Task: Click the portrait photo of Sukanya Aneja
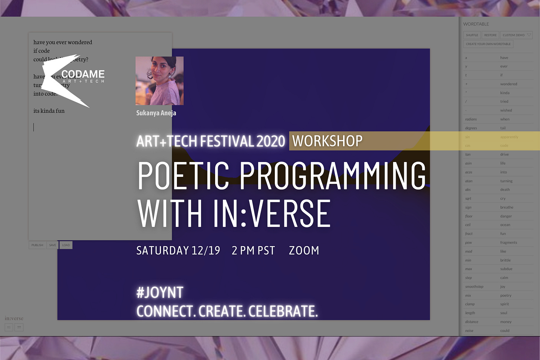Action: click(159, 81)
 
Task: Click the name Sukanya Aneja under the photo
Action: click(156, 113)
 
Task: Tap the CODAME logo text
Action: click(83, 75)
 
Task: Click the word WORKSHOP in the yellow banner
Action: click(327, 141)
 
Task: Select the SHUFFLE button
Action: click(472, 35)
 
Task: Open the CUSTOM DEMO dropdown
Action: click(516, 35)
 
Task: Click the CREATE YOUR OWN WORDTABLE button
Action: click(488, 44)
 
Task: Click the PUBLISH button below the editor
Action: click(37, 245)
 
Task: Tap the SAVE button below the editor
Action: click(53, 245)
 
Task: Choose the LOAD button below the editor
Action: click(66, 245)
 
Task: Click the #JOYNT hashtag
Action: click(160, 293)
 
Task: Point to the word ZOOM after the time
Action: click(304, 251)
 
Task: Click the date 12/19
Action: click(206, 251)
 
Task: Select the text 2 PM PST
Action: click(253, 251)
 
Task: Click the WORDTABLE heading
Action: click(476, 24)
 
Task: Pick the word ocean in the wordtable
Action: click(505, 225)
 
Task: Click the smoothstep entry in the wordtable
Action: click(474, 287)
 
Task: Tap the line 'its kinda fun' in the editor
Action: click(49, 111)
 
